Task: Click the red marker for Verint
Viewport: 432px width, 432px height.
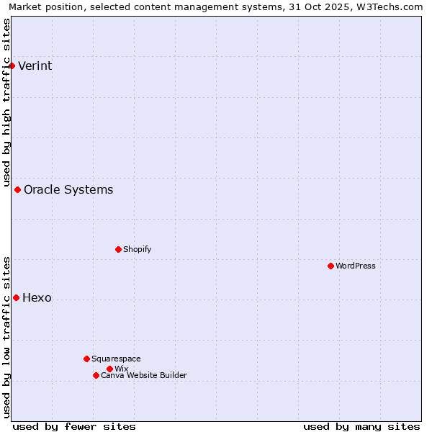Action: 12,66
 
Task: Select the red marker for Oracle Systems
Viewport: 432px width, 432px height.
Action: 17,189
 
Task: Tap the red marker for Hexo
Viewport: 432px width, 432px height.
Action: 16,297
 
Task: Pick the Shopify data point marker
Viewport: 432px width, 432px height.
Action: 118,249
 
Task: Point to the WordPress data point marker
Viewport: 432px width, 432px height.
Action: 330,266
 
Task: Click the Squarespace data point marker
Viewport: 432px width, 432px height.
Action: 86,359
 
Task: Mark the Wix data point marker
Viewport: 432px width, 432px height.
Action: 109,369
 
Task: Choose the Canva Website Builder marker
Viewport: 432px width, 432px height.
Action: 96,375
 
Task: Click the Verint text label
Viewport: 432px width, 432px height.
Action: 35,66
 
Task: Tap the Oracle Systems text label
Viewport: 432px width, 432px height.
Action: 68,190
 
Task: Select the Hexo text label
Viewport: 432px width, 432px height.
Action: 37,298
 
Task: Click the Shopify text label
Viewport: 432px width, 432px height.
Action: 137,249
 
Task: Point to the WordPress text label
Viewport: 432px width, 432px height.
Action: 356,266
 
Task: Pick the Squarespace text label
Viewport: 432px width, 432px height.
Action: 116,359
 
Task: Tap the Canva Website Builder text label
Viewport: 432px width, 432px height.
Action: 144,375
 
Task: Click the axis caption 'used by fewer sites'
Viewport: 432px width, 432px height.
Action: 74,426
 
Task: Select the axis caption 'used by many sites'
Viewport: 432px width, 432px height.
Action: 361,426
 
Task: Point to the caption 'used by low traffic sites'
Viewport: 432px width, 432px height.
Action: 7,337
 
